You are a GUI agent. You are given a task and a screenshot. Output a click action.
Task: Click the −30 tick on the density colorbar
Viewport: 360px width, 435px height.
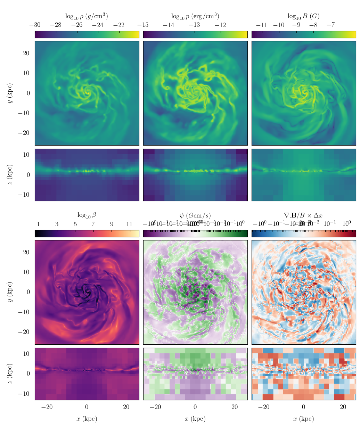click(x=35, y=25)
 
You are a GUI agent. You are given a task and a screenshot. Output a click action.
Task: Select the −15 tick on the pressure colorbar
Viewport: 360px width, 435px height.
click(x=143, y=25)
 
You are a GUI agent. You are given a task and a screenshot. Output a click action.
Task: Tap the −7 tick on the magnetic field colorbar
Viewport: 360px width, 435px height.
click(x=331, y=25)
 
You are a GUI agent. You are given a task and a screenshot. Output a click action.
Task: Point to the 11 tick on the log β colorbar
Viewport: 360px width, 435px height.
click(x=129, y=224)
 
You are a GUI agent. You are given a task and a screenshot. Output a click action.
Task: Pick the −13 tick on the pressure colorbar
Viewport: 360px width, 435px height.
click(x=195, y=25)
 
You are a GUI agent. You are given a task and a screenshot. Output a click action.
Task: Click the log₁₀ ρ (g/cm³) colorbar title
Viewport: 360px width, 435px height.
click(x=87, y=16)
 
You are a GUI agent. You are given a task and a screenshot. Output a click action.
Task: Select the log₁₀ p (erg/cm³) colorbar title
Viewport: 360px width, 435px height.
click(x=195, y=16)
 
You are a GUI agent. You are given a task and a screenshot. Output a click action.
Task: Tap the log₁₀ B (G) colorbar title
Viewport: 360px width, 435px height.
click(x=303, y=16)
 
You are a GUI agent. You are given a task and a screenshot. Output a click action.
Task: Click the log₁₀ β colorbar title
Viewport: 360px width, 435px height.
click(x=87, y=215)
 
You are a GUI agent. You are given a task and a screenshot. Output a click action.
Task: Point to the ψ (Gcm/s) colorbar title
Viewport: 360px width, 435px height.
click(x=195, y=215)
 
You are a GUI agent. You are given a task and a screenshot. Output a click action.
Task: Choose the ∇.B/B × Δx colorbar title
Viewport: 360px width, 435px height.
click(x=303, y=215)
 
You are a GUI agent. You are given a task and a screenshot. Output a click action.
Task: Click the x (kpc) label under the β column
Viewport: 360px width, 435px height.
click(x=87, y=419)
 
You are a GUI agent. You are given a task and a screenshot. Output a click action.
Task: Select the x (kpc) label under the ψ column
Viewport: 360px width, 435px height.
click(x=195, y=419)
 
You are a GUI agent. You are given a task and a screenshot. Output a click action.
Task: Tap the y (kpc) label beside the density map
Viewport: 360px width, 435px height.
click(x=10, y=93)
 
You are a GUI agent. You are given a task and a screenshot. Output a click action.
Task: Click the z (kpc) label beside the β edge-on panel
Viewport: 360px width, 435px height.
click(x=10, y=374)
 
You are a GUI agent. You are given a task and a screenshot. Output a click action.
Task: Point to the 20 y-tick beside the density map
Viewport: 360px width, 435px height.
click(x=26, y=53)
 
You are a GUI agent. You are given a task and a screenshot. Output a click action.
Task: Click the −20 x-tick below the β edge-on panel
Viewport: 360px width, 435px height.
click(x=47, y=407)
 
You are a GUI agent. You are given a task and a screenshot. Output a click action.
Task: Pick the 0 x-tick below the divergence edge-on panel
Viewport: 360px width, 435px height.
click(x=303, y=407)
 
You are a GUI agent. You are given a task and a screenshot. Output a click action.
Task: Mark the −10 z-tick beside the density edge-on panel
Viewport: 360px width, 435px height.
click(x=24, y=195)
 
